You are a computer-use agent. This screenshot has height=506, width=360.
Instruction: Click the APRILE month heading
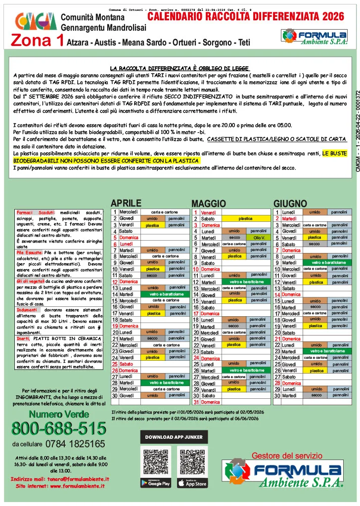[x=126, y=204]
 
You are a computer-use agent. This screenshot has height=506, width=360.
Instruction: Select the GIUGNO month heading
[x=290, y=204]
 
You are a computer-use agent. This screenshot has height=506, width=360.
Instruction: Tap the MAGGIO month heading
[x=208, y=204]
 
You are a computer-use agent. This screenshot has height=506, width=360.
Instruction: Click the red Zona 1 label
[x=37, y=40]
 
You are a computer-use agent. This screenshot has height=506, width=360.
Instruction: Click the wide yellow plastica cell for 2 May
[x=245, y=218]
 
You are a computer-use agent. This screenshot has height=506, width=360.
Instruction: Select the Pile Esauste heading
[x=31, y=252]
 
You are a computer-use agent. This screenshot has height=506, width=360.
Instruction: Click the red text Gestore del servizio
[x=287, y=456]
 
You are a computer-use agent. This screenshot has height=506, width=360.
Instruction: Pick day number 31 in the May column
[x=196, y=402]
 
